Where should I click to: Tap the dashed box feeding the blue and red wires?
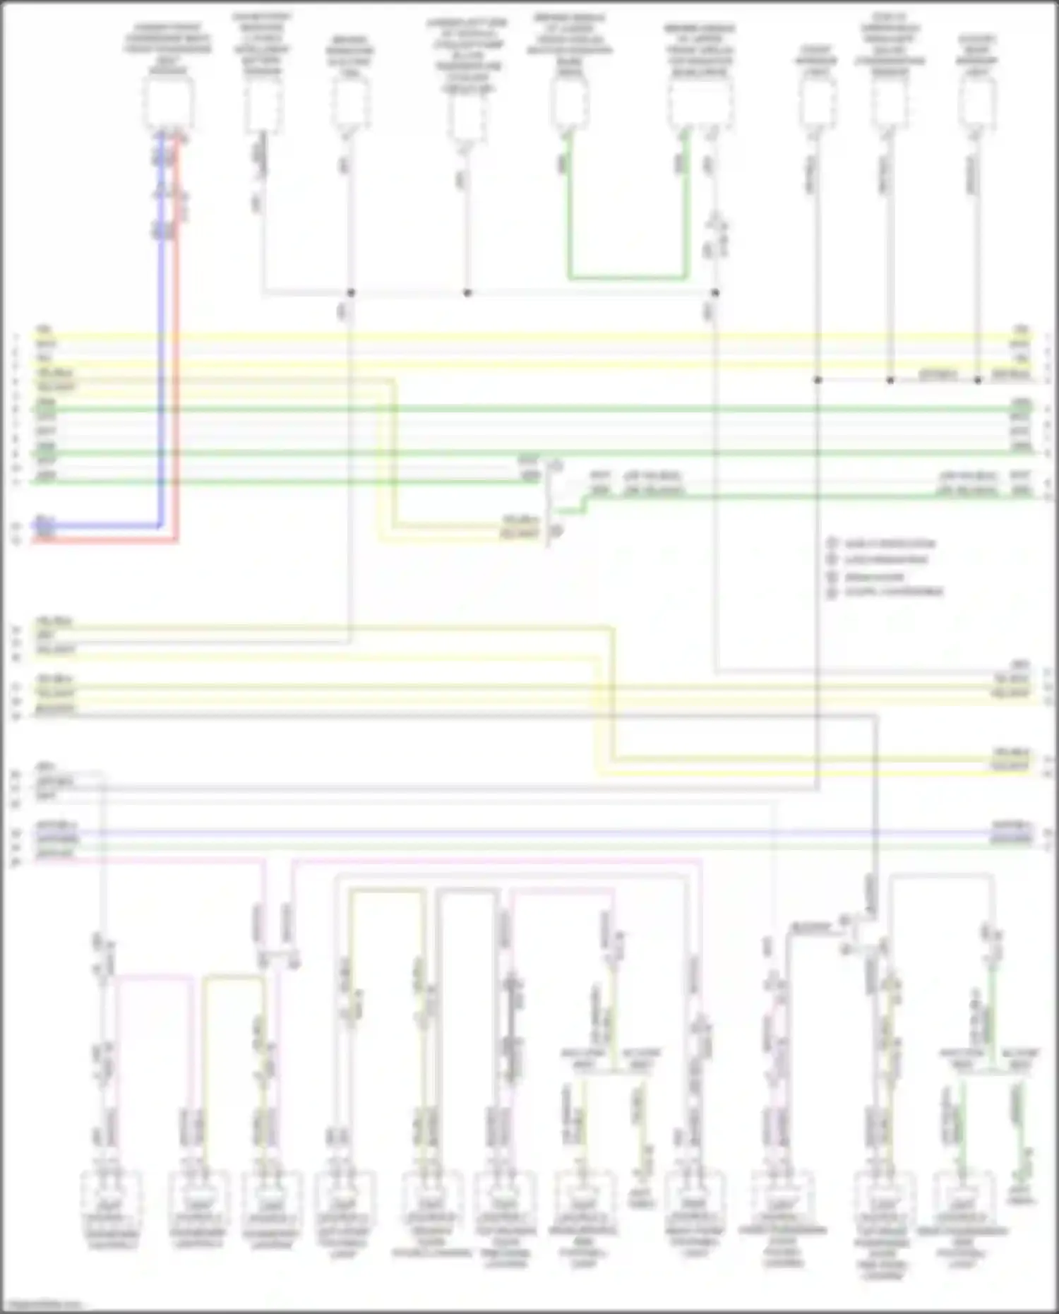pos(168,102)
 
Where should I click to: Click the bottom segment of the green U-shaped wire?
pos(627,277)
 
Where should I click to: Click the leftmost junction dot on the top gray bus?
pos(350,292)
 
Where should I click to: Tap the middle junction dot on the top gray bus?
pos(467,292)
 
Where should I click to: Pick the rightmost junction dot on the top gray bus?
pos(715,292)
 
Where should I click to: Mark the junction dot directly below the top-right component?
pos(978,380)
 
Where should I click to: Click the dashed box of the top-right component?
pos(978,102)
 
